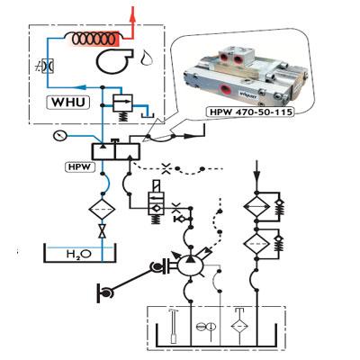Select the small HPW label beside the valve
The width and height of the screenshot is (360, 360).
tap(76, 166)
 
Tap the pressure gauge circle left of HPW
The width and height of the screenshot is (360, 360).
tap(59, 136)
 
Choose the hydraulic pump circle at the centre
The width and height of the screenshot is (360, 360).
tap(189, 262)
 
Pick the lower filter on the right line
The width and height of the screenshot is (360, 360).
tap(259, 243)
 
